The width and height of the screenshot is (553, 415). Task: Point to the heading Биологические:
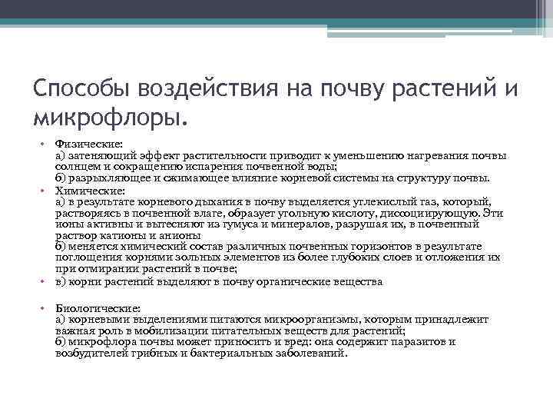pyautogui.click(x=95, y=307)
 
